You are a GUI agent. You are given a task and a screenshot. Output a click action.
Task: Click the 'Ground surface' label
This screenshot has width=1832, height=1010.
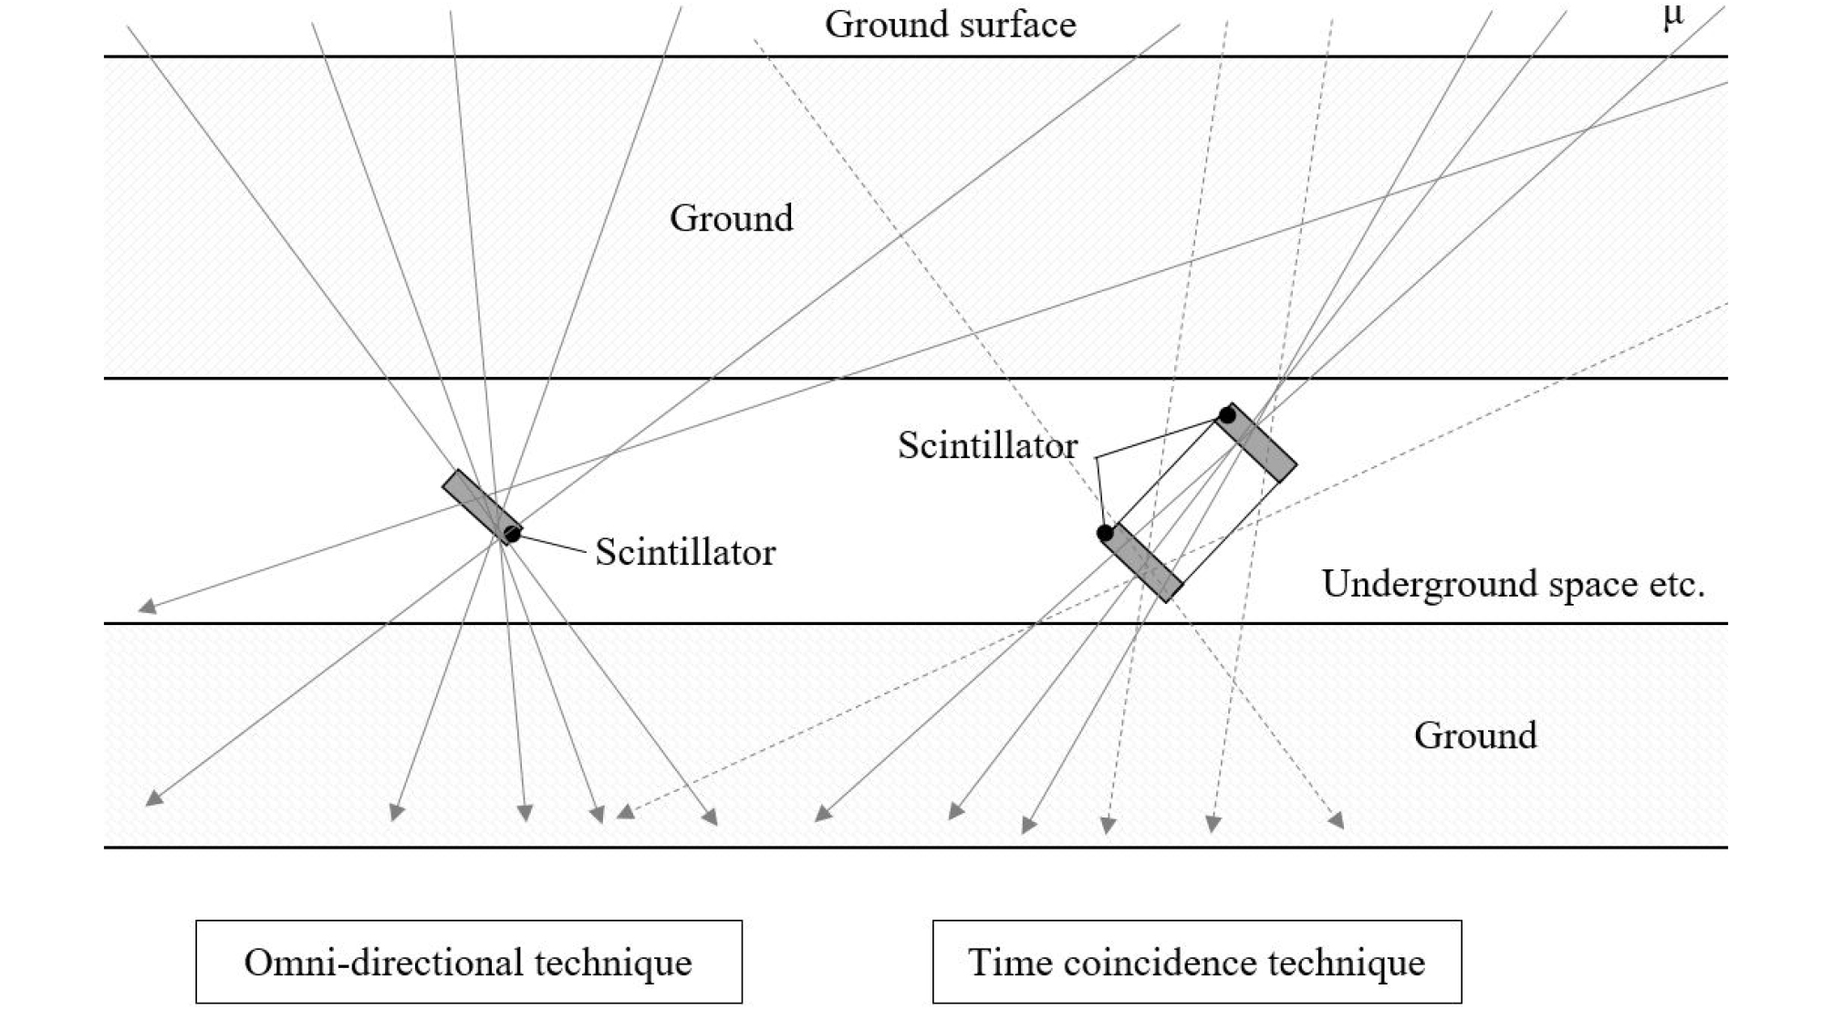950,25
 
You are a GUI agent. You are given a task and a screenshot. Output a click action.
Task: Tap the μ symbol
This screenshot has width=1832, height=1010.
1672,16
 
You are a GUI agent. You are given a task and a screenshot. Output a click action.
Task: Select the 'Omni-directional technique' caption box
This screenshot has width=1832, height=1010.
469,962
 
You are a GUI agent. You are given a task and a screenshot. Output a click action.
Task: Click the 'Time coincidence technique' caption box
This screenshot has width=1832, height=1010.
1197,962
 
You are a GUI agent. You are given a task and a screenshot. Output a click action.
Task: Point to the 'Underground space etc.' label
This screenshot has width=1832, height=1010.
1513,583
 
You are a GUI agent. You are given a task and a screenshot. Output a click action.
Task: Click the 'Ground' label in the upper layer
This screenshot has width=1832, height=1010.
732,218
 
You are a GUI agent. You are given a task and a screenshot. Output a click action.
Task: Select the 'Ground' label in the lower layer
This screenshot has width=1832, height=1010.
1475,734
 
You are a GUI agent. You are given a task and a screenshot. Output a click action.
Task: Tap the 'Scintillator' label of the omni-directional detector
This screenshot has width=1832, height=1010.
685,552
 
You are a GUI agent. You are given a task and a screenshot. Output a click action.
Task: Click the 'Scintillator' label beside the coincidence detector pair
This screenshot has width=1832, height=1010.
987,445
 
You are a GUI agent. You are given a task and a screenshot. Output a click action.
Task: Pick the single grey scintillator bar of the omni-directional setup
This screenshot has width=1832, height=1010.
482,506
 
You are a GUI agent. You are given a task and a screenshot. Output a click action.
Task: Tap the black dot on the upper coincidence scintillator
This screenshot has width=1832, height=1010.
1227,415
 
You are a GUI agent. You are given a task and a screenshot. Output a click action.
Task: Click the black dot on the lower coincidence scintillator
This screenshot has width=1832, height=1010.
1106,533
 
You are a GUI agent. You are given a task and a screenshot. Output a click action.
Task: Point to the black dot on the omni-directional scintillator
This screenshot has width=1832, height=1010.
512,535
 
